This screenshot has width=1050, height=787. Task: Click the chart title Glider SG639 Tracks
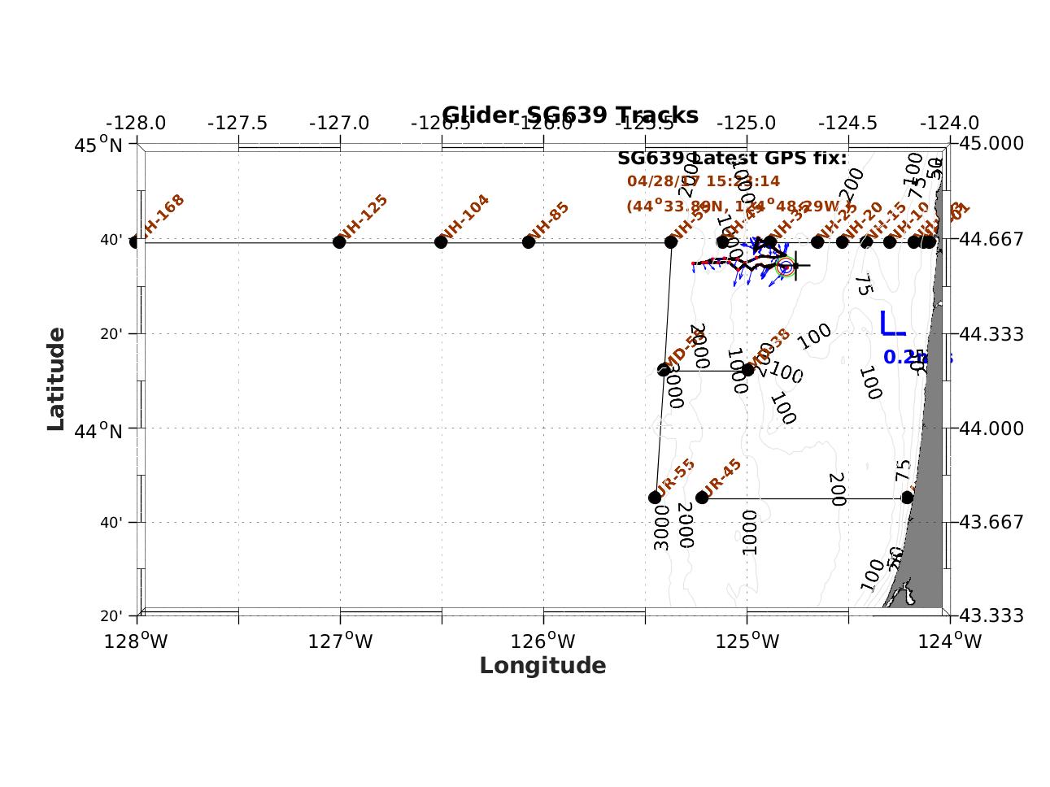click(x=569, y=115)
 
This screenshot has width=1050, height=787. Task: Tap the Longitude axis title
click(x=542, y=666)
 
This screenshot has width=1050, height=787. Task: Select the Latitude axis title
click(x=55, y=379)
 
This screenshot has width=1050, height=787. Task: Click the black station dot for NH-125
click(x=339, y=242)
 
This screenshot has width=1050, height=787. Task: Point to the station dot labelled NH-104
click(x=441, y=242)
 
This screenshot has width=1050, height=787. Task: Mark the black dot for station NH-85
click(x=529, y=242)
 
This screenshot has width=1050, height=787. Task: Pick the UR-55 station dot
click(x=655, y=498)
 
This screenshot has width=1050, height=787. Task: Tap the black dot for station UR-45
click(x=702, y=498)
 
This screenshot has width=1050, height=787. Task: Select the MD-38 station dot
click(x=748, y=370)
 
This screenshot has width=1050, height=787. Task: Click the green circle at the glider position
click(x=786, y=267)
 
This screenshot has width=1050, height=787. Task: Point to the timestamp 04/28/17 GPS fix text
click(x=703, y=181)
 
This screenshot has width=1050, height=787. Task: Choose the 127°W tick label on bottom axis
click(x=340, y=641)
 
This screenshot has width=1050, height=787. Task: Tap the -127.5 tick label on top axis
click(x=237, y=123)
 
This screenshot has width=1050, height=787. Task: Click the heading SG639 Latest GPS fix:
click(x=732, y=158)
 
